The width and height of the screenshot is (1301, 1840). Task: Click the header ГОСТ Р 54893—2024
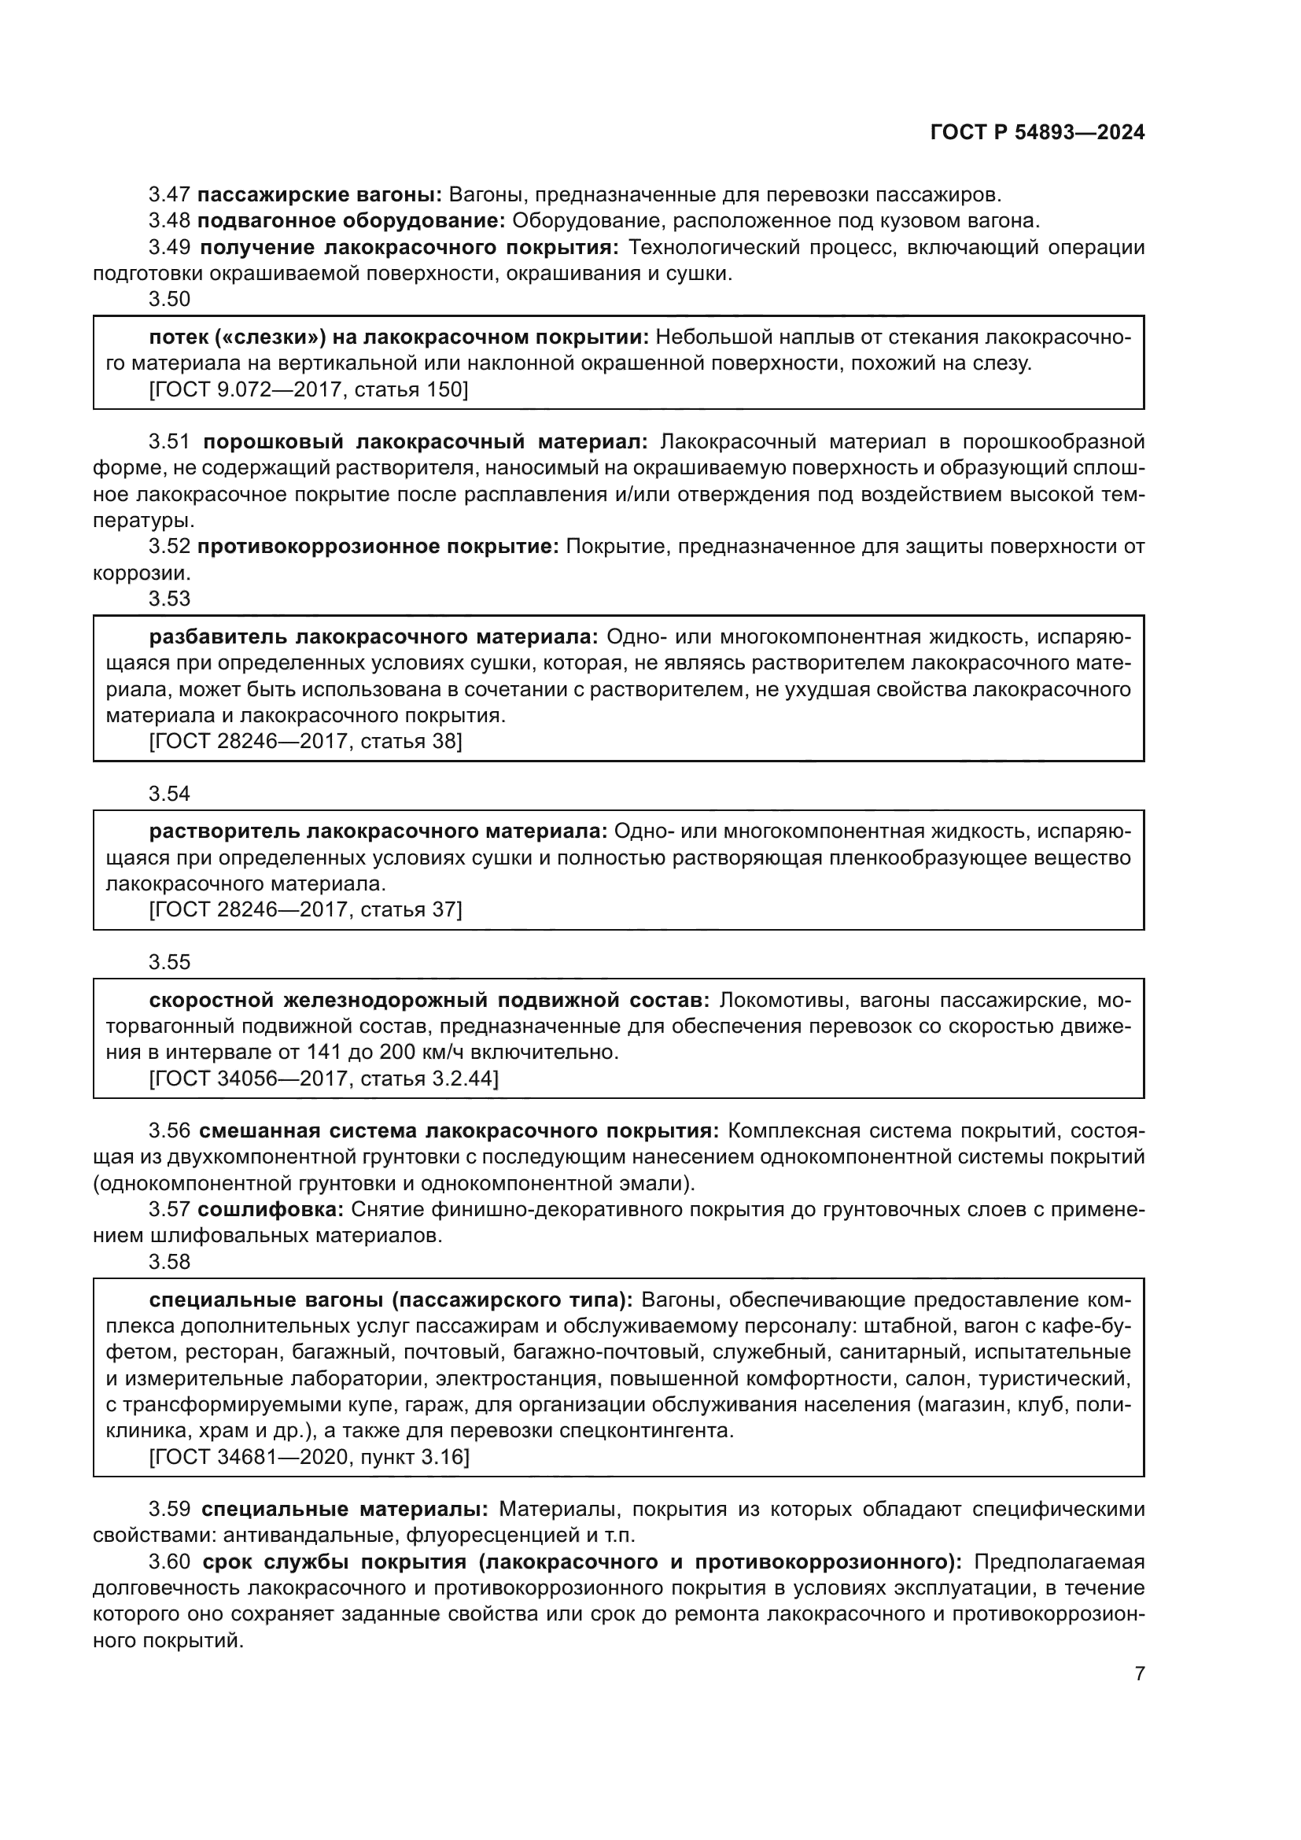pyautogui.click(x=1037, y=133)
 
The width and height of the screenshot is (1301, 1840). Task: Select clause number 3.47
pyautogui.click(x=169, y=195)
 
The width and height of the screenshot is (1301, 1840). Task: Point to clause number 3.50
pyautogui.click(x=169, y=300)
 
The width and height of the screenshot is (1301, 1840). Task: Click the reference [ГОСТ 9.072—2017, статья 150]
pyautogui.click(x=308, y=389)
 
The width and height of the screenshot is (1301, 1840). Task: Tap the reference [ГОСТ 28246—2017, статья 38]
pyautogui.click(x=305, y=741)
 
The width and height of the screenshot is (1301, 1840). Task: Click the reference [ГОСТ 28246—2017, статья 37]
pyautogui.click(x=305, y=909)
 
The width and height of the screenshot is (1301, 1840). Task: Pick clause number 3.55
pyautogui.click(x=169, y=962)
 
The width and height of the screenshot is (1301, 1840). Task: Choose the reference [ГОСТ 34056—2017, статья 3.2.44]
pyautogui.click(x=323, y=1079)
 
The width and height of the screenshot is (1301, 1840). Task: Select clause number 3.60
pyautogui.click(x=169, y=1562)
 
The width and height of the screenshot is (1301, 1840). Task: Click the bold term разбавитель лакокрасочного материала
pyautogui.click(x=374, y=637)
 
